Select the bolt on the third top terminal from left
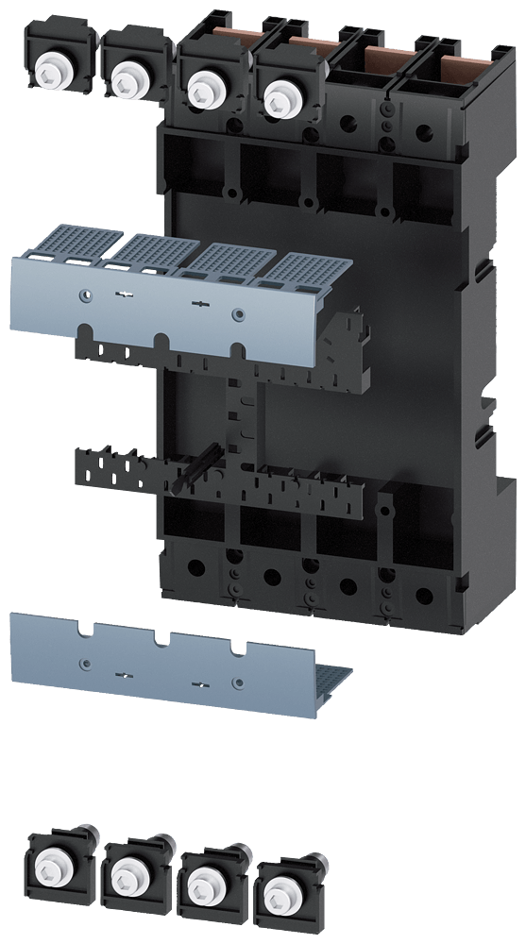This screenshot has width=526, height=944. click(x=200, y=89)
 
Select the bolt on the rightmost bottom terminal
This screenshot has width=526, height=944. click(x=279, y=892)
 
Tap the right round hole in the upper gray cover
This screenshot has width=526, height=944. click(x=237, y=313)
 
